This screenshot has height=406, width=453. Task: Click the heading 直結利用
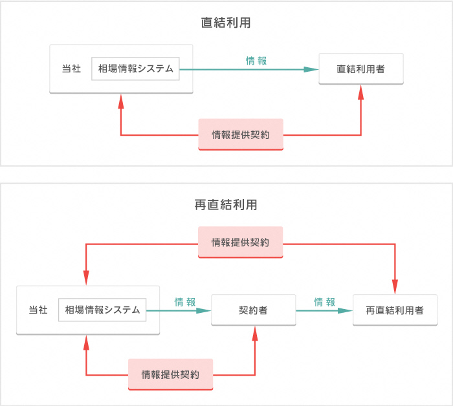[226, 23]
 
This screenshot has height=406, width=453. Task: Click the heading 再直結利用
[226, 205]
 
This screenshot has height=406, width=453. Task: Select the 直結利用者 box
[360, 69]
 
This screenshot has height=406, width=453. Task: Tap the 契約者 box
[254, 310]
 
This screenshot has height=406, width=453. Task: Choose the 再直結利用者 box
[394, 310]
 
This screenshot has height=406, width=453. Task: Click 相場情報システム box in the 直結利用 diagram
[135, 69]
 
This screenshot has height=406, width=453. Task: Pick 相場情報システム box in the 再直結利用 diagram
[102, 310]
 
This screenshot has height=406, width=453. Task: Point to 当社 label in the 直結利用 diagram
[71, 69]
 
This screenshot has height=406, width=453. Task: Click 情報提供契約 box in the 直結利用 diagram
[241, 134]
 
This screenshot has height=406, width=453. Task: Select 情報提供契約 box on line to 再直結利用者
[241, 242]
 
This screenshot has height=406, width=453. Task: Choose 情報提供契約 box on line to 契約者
[170, 374]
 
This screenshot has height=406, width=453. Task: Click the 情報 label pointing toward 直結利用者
[256, 61]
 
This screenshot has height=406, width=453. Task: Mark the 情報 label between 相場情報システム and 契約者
[184, 302]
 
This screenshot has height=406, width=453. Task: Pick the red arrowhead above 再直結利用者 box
[395, 288]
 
